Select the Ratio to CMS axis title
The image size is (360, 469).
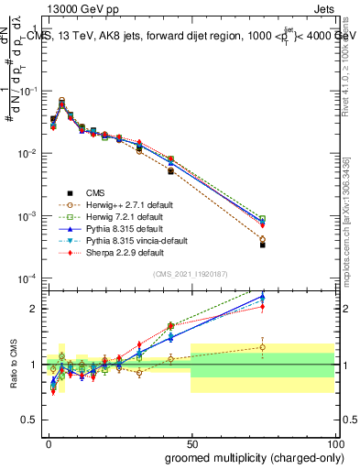(14, 364)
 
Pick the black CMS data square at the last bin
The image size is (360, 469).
(262, 245)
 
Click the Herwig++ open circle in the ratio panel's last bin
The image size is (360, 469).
(262, 347)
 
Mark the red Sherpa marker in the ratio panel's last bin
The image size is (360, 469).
(262, 308)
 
